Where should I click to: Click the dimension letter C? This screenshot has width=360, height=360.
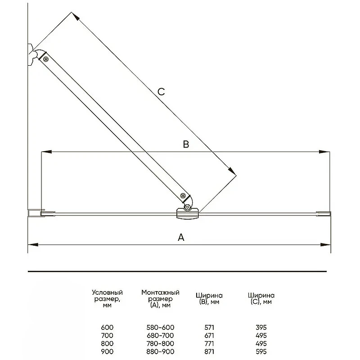(161, 92)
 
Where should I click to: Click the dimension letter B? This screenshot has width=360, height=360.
(186, 144)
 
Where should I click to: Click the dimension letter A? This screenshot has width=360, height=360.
(181, 237)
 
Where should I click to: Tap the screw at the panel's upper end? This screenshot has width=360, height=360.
(46, 59)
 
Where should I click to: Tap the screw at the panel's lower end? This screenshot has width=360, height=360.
(183, 196)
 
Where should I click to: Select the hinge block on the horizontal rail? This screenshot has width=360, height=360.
(187, 213)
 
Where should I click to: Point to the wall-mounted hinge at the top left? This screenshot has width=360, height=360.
(32, 54)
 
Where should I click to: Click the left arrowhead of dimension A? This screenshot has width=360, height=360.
(33, 245)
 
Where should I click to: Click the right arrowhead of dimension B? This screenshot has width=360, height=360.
(324, 152)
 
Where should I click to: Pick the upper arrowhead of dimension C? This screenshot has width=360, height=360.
(75, 16)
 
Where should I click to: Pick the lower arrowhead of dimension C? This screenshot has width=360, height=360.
(232, 171)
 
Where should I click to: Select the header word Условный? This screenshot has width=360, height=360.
(107, 292)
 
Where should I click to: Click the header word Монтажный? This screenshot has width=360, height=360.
(160, 292)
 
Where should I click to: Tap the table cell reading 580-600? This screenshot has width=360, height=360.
(160, 327)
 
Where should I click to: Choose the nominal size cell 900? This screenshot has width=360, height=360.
(107, 351)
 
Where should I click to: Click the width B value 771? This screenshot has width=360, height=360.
(209, 343)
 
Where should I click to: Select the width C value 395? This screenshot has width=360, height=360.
(261, 327)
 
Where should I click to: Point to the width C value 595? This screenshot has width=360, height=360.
(261, 351)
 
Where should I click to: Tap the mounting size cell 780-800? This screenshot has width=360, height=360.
(160, 343)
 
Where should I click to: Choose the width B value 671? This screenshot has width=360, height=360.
(209, 335)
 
